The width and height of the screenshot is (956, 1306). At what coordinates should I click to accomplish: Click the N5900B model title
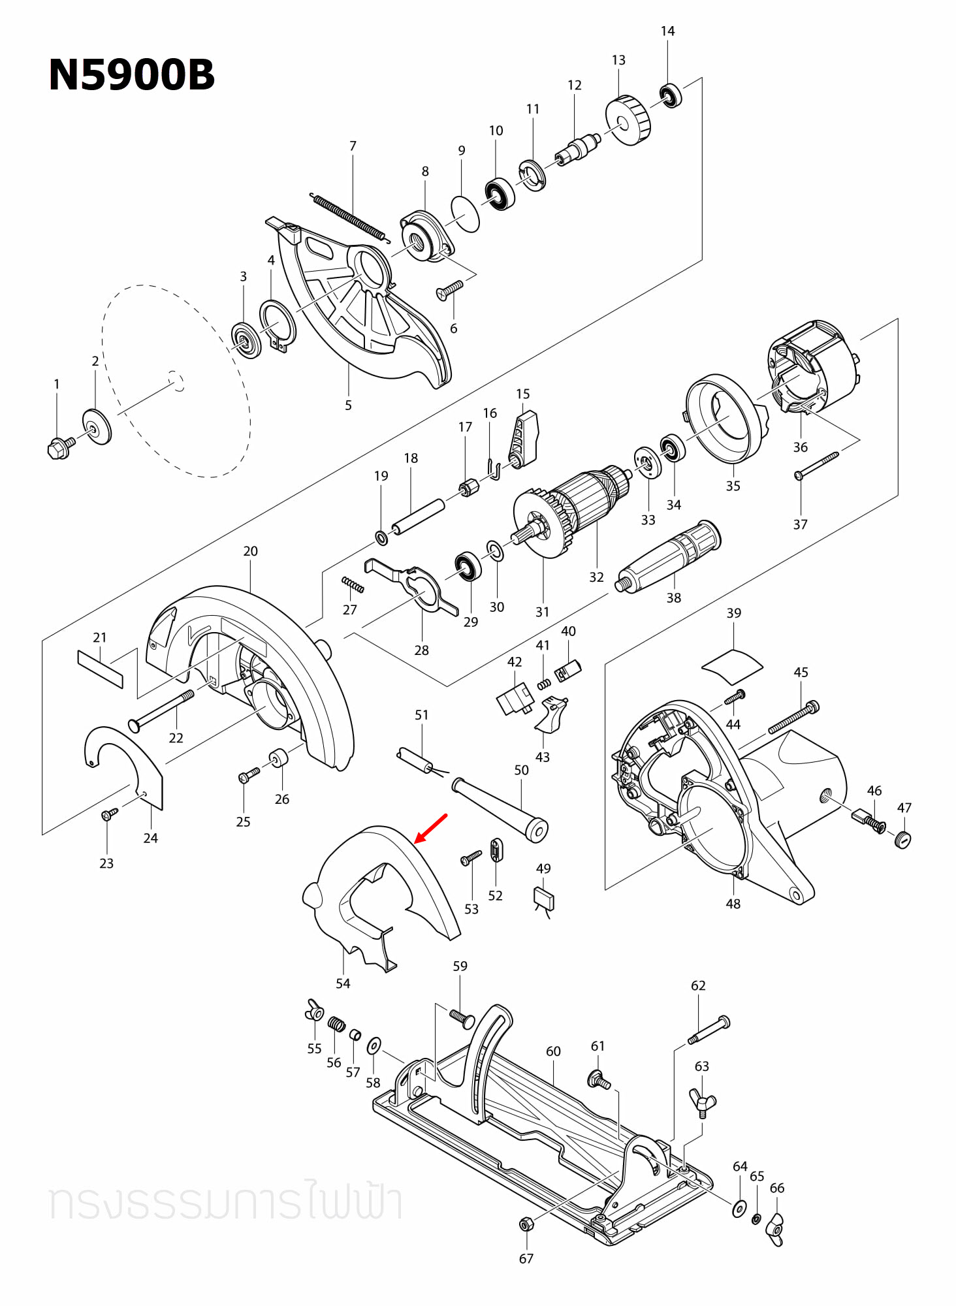[x=131, y=74]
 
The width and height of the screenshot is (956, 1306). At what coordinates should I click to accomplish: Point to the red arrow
[x=431, y=828]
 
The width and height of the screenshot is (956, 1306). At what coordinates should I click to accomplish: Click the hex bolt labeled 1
[x=59, y=448]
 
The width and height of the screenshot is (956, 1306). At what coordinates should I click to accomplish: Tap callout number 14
[x=667, y=31]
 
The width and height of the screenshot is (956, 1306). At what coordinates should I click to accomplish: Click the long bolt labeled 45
[x=793, y=718]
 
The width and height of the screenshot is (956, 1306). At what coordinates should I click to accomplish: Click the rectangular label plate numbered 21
[x=100, y=669]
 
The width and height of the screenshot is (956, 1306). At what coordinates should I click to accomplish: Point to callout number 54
[x=343, y=983]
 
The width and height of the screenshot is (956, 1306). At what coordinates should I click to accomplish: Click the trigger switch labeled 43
[x=551, y=714]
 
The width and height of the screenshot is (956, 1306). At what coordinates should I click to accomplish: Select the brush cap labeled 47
[x=902, y=839]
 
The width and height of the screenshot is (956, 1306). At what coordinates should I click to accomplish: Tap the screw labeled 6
[x=449, y=289]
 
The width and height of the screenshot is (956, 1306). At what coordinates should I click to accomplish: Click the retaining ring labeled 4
[x=278, y=325]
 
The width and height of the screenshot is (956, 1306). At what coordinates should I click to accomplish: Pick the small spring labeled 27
[x=353, y=584]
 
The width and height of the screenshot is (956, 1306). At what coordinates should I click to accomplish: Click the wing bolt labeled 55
[x=315, y=1010]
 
